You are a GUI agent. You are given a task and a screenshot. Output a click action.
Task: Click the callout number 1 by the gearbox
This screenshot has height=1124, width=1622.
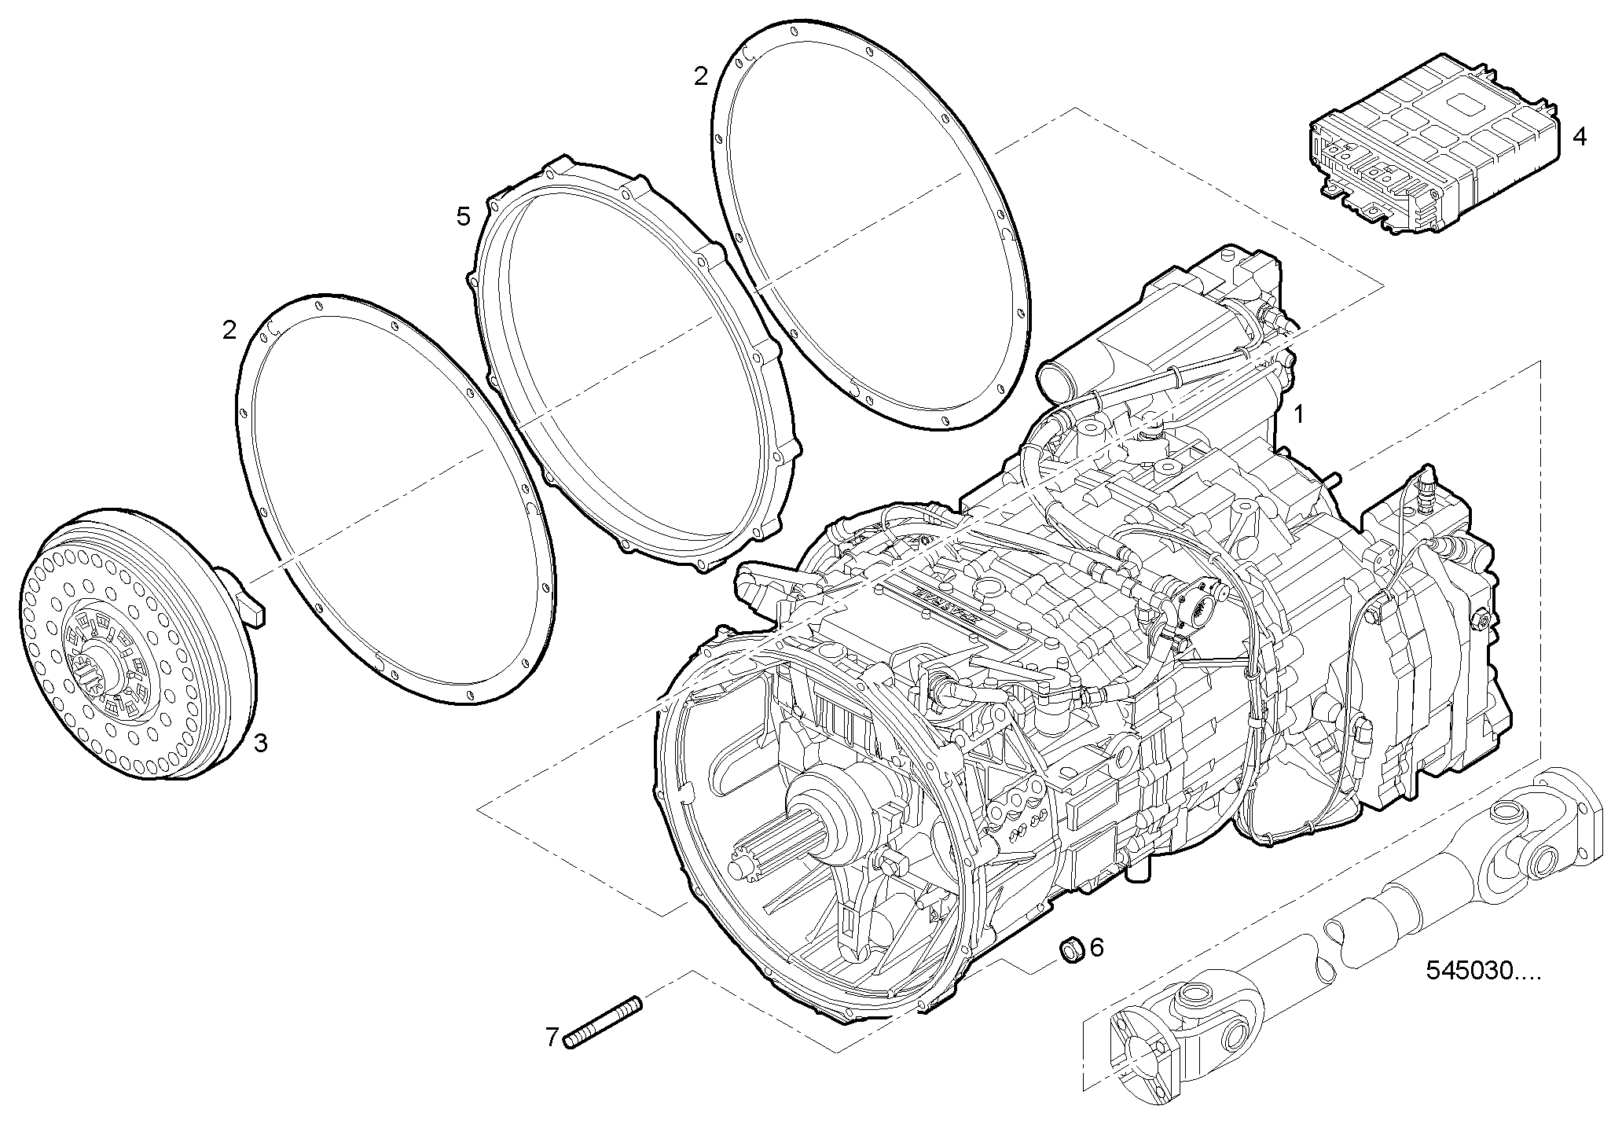(1299, 414)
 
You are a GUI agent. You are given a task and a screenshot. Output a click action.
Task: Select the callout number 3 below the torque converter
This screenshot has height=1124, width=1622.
(260, 743)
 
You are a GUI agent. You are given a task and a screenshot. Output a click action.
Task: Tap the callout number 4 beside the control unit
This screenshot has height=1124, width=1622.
(1580, 137)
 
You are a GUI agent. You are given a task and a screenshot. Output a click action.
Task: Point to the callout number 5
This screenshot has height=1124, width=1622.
(464, 216)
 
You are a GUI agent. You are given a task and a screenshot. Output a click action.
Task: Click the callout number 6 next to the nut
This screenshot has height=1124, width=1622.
(1096, 947)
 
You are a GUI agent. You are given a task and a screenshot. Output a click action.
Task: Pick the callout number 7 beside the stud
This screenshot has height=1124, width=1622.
(552, 1038)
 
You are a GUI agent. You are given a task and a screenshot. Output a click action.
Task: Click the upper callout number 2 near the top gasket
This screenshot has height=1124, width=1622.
(700, 76)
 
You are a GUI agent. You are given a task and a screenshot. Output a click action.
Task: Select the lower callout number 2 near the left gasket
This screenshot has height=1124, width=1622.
(229, 330)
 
